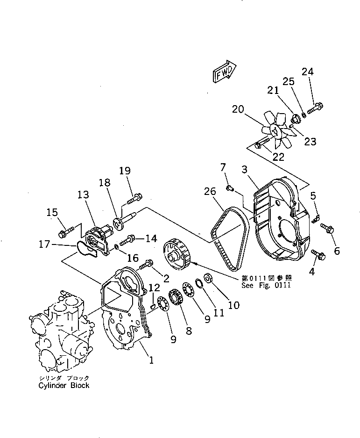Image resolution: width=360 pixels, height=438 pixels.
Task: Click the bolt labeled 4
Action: pyautogui.click(x=319, y=254)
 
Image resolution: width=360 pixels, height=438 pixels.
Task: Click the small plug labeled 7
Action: pyautogui.click(x=229, y=188)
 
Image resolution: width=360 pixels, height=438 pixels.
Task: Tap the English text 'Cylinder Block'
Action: pyautogui.click(x=64, y=386)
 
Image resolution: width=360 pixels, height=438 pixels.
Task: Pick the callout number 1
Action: pyautogui.click(x=151, y=360)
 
